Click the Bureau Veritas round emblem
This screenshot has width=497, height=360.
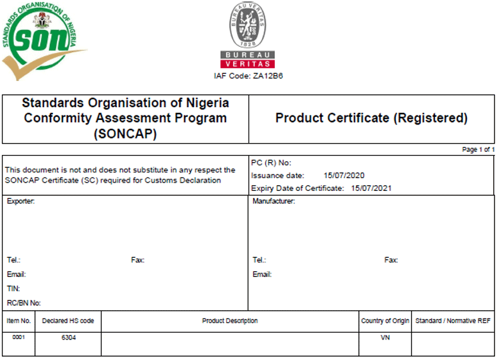[x=248, y=24]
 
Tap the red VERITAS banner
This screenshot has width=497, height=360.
[x=248, y=64]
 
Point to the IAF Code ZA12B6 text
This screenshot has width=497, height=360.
[x=248, y=76]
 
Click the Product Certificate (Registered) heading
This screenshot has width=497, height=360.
[x=371, y=118]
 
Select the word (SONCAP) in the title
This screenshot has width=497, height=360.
[x=125, y=134]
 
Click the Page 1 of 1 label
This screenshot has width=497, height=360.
[x=478, y=149]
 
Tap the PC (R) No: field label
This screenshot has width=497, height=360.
[x=271, y=163]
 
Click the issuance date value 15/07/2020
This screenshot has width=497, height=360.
[x=344, y=175]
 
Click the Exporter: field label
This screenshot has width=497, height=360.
[x=20, y=202]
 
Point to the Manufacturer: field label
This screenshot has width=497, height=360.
[x=273, y=202]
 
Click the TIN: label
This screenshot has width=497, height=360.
[x=13, y=289]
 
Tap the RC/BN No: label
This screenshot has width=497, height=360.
[x=24, y=303]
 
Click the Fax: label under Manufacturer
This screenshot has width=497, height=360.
[x=391, y=260]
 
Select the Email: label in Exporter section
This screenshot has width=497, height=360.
[x=16, y=274]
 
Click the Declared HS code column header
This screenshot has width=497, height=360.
[x=68, y=321]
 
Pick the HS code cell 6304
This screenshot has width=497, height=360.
[x=68, y=338]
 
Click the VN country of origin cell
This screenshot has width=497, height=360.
[x=385, y=338]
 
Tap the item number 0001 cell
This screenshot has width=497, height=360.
[x=19, y=337]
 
